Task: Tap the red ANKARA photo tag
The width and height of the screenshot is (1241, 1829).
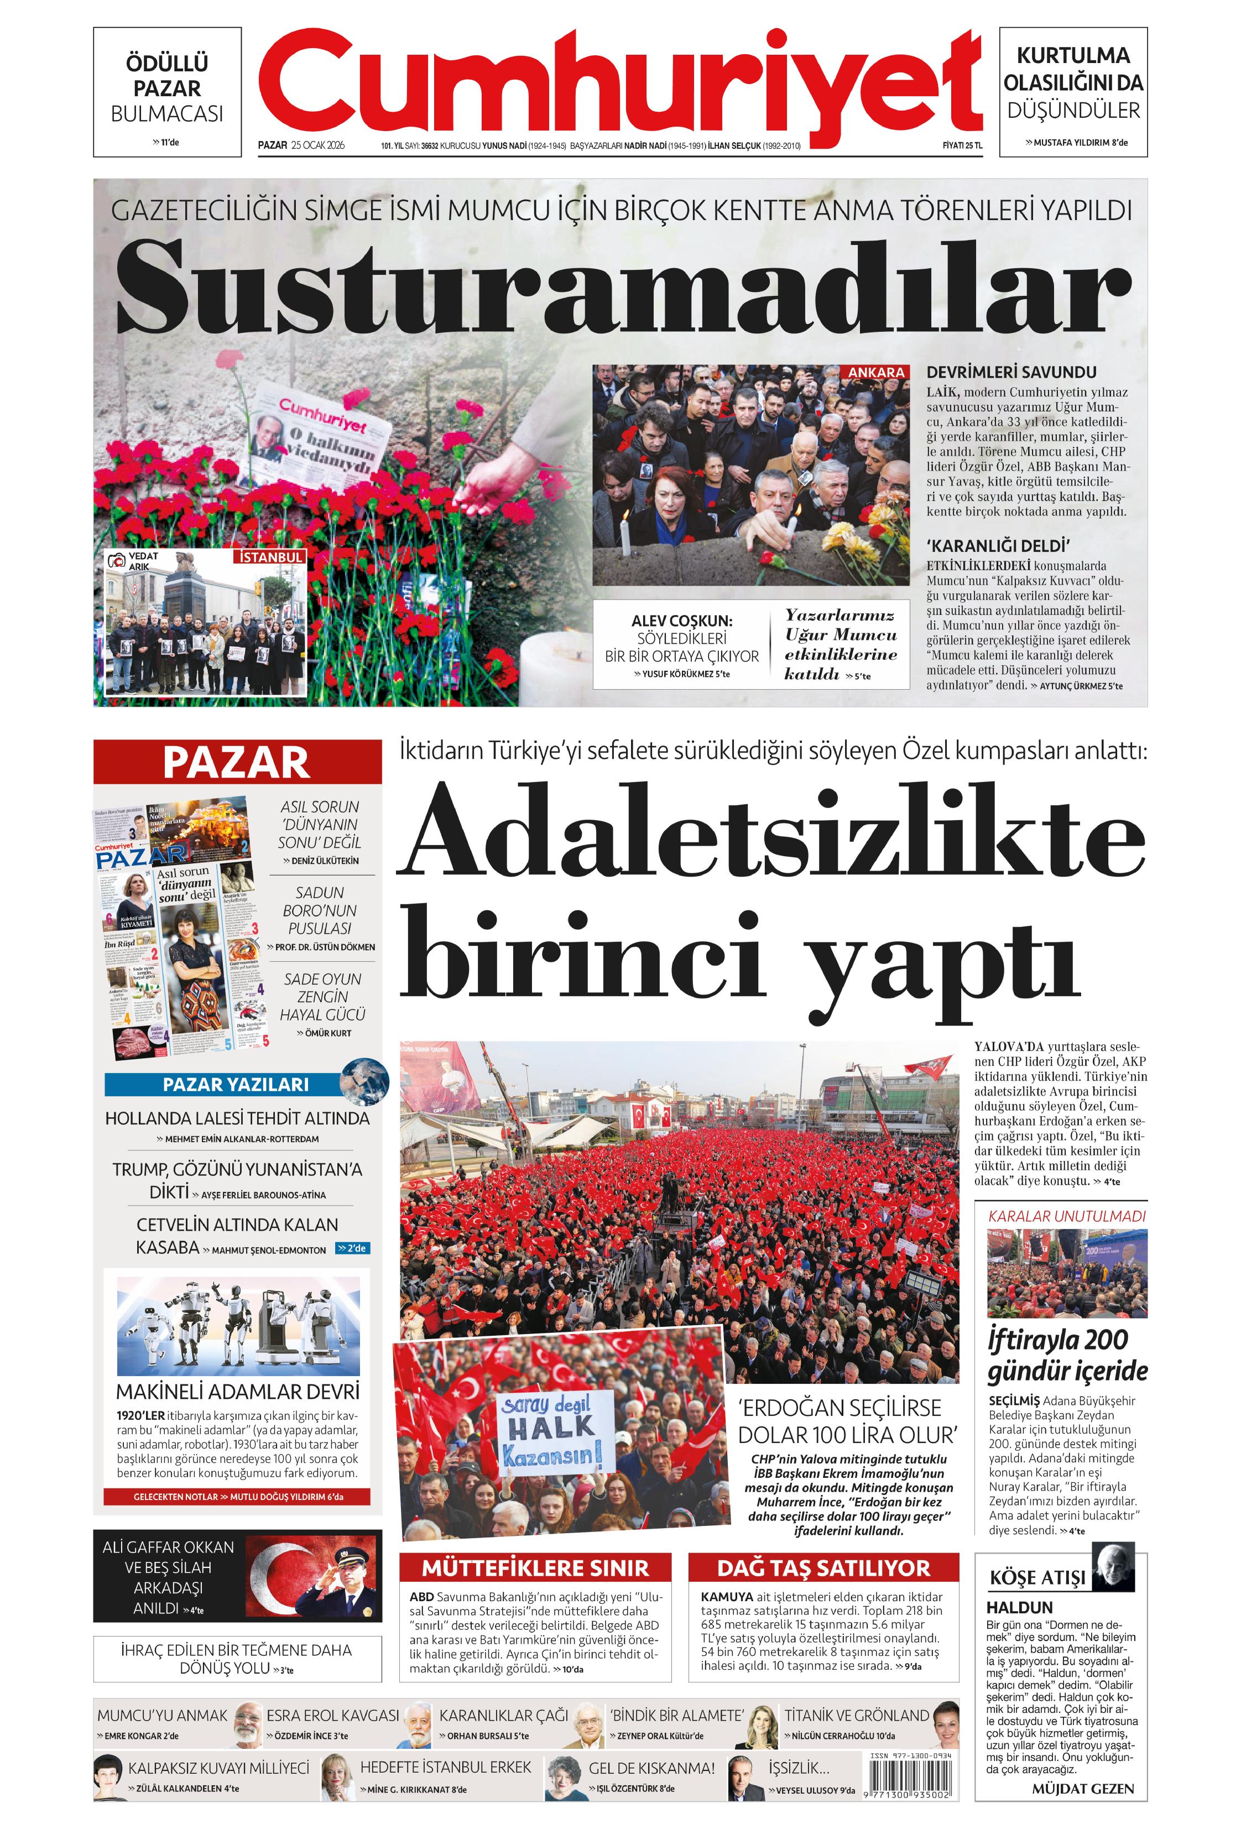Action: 876,372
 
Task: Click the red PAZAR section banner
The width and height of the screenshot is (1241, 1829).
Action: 237,762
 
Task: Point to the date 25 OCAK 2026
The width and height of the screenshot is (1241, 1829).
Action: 318,145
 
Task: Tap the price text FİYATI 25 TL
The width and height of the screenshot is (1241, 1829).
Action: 962,145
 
